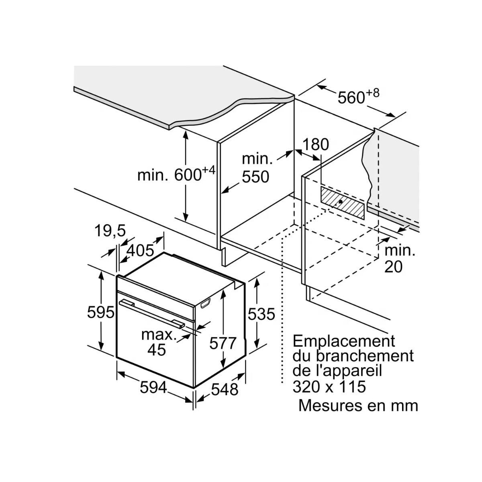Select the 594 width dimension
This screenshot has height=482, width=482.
click(x=153, y=387)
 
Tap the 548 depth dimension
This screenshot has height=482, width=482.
click(x=225, y=389)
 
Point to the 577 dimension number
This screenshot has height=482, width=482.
click(x=223, y=343)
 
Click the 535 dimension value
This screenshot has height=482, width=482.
click(x=261, y=314)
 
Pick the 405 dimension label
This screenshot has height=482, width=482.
click(x=140, y=251)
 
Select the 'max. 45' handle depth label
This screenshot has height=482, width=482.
click(x=158, y=342)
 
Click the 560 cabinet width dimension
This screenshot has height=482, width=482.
click(x=358, y=97)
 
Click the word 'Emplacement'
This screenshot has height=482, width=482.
click(x=344, y=341)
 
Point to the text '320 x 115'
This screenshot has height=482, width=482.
click(x=329, y=386)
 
